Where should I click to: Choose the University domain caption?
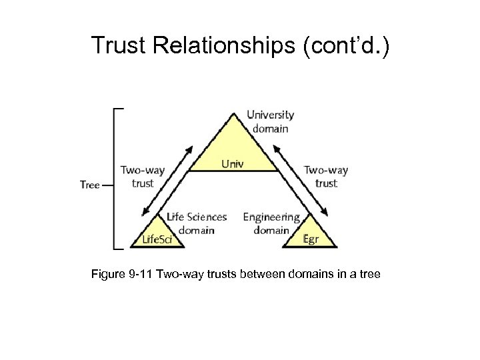pyautogui.click(x=269, y=121)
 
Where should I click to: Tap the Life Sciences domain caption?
pyautogui.click(x=197, y=223)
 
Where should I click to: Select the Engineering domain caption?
pyautogui.click(x=272, y=223)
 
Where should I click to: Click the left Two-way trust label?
pyautogui.click(x=143, y=176)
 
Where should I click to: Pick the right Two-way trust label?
pyautogui.click(x=326, y=176)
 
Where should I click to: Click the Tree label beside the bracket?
pyautogui.click(x=89, y=185)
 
